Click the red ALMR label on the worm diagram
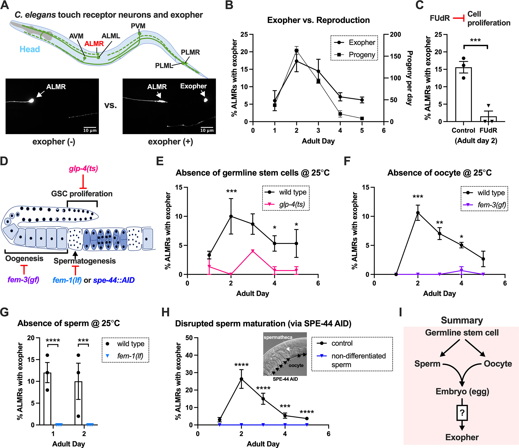tap(94, 43)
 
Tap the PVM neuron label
tap(138, 26)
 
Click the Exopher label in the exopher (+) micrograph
tap(193, 86)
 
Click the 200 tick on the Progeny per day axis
tap(395, 35)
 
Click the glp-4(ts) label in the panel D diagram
tap(83, 169)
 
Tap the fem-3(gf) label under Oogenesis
tap(23, 279)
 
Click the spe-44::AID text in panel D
tap(114, 280)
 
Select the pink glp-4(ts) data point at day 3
tap(253, 251)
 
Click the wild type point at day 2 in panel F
tap(418, 213)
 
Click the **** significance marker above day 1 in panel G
tap(53, 341)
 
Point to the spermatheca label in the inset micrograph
tap(278, 337)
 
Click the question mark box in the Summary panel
tap(462, 413)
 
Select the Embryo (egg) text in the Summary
tap(462, 391)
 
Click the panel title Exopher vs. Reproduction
tap(318, 20)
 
